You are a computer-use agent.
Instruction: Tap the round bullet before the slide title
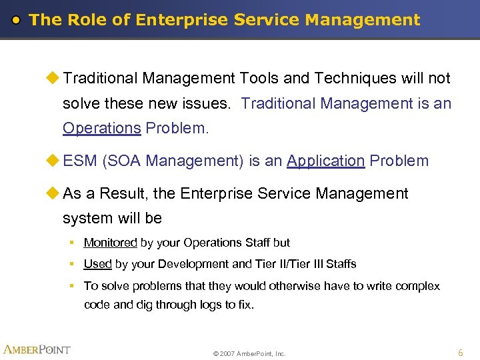[x=18, y=20]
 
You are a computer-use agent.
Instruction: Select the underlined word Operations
[x=101, y=128]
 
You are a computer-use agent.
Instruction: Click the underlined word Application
[x=325, y=161]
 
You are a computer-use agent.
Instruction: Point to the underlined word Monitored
[x=110, y=243]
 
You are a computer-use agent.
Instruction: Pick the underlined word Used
[x=97, y=264]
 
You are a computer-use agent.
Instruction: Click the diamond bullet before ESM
[x=51, y=161]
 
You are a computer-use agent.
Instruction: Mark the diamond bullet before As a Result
[x=51, y=193]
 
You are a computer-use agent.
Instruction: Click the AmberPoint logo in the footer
[x=37, y=349]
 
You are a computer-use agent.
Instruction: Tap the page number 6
[x=460, y=351]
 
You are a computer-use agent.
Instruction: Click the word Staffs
[x=341, y=264]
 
